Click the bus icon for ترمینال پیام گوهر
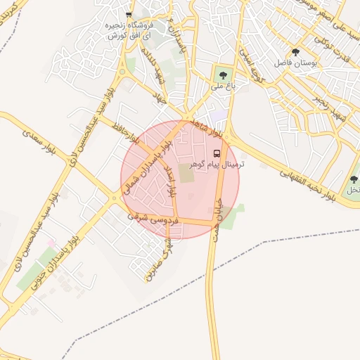click(x=217, y=153)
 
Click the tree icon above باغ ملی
click(x=223, y=75)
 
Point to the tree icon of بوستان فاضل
click(x=295, y=52)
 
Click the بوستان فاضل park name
click(x=314, y=63)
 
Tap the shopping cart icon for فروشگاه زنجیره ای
click(x=128, y=14)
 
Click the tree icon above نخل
click(x=354, y=179)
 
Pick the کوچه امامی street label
click(x=248, y=63)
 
